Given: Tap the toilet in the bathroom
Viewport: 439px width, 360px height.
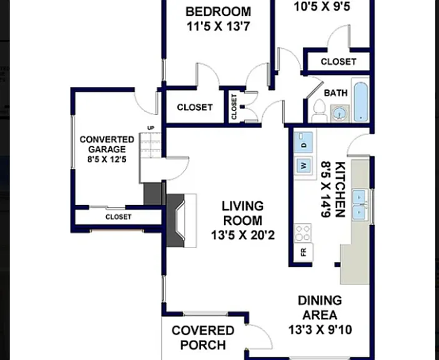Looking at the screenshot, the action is click(x=320, y=111).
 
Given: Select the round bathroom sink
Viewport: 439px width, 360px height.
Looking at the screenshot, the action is click(x=340, y=114).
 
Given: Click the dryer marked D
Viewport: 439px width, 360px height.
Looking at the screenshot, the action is click(x=303, y=142).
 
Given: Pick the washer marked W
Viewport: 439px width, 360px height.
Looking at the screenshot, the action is click(x=303, y=166).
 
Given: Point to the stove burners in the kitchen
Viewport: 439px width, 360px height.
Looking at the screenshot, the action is click(x=303, y=232).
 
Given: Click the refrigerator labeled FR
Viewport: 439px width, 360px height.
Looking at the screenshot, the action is click(x=303, y=252).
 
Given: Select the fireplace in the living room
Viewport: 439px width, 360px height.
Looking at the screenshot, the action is click(x=181, y=221).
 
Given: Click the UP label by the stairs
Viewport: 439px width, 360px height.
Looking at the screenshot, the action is click(x=150, y=128).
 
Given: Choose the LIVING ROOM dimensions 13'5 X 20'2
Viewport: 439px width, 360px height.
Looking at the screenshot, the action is click(x=243, y=236).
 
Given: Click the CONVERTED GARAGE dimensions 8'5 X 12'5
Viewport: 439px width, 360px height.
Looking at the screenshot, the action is click(x=107, y=159).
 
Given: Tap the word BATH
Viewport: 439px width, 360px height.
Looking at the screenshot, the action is click(x=336, y=92).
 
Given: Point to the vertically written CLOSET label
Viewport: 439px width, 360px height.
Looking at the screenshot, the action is click(x=234, y=107).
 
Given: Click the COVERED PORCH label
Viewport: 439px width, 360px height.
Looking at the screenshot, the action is click(x=203, y=337).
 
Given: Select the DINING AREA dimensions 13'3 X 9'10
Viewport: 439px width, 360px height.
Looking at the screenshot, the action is click(x=320, y=330).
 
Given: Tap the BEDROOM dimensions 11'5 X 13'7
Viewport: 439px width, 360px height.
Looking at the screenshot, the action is click(x=219, y=27).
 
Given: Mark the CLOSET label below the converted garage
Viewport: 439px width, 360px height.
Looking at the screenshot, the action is click(x=119, y=217).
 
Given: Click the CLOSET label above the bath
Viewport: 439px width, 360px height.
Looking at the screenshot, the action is click(x=338, y=62).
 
